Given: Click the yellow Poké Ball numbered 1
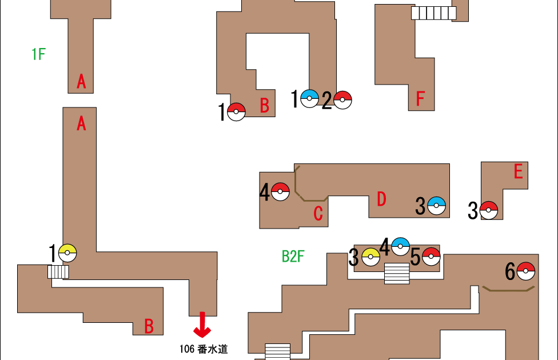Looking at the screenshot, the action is [x=67, y=253].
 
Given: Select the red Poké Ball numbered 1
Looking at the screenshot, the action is [x=236, y=112].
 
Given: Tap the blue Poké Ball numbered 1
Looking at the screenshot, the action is [x=309, y=99].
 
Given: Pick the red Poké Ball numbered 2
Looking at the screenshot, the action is [x=342, y=99].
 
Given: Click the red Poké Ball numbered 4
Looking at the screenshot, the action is [x=280, y=191].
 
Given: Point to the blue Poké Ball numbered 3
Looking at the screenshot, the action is [x=436, y=205].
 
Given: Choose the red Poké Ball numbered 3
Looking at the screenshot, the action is [x=488, y=210].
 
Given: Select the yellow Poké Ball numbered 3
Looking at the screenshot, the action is [x=370, y=257].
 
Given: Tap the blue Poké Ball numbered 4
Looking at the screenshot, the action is [x=400, y=246].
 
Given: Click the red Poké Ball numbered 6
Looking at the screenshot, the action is [x=525, y=271].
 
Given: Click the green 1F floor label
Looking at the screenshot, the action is [x=38, y=55].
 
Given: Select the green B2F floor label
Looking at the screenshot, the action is [x=293, y=257].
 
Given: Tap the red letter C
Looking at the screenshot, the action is [x=318, y=214].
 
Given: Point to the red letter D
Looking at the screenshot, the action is [x=381, y=199].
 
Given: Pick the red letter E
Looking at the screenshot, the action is [x=518, y=171].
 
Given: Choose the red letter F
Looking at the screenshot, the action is [x=420, y=99].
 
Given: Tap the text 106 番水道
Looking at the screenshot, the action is [x=204, y=349].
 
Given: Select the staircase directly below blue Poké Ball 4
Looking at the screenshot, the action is [x=397, y=273].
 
